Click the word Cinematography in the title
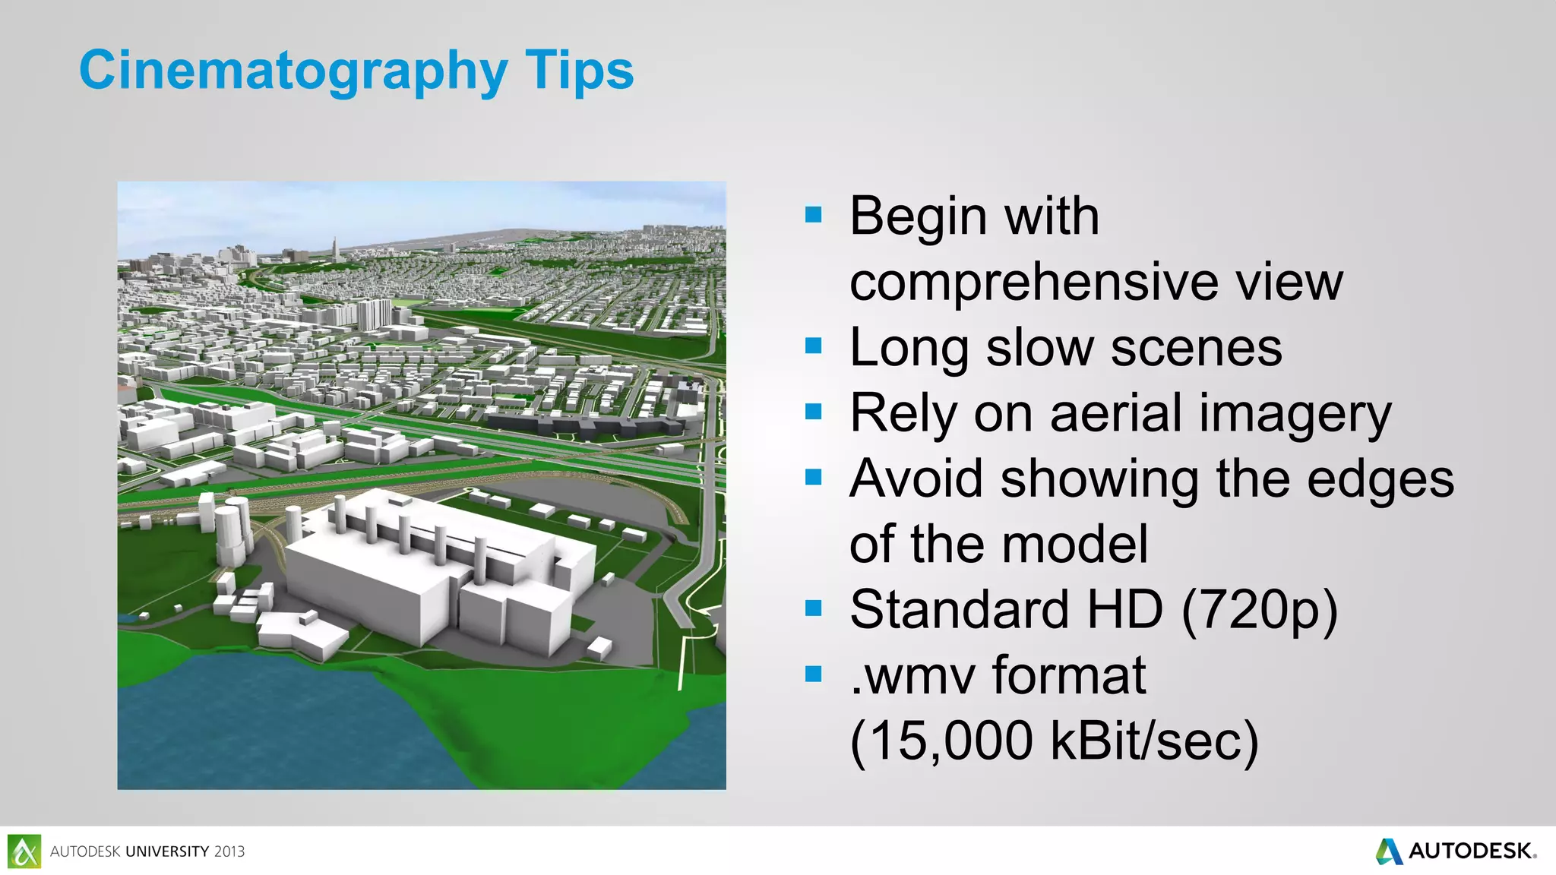coord(293,71)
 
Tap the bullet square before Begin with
coord(813,215)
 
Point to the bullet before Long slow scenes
coord(813,346)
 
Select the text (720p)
coord(1259,611)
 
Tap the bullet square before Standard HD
coord(813,608)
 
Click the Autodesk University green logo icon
coord(24,851)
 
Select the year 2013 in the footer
coord(229,851)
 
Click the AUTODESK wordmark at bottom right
coord(1470,851)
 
